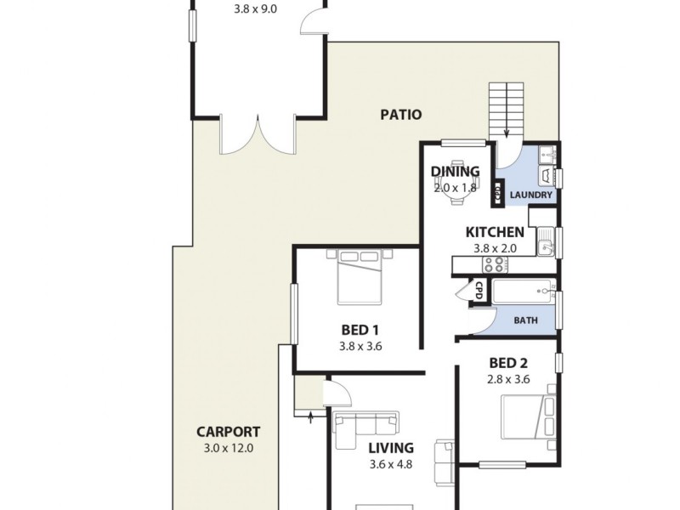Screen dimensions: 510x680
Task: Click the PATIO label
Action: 401,115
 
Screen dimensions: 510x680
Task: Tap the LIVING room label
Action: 391,448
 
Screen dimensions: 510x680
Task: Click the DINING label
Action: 455,172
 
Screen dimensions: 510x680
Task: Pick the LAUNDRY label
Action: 531,195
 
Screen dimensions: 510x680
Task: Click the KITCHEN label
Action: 494,232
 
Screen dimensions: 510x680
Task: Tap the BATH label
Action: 525,321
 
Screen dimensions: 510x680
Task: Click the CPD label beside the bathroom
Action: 479,289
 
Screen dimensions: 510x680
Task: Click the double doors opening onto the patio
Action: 257,138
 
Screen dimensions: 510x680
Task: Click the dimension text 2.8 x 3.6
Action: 508,380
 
